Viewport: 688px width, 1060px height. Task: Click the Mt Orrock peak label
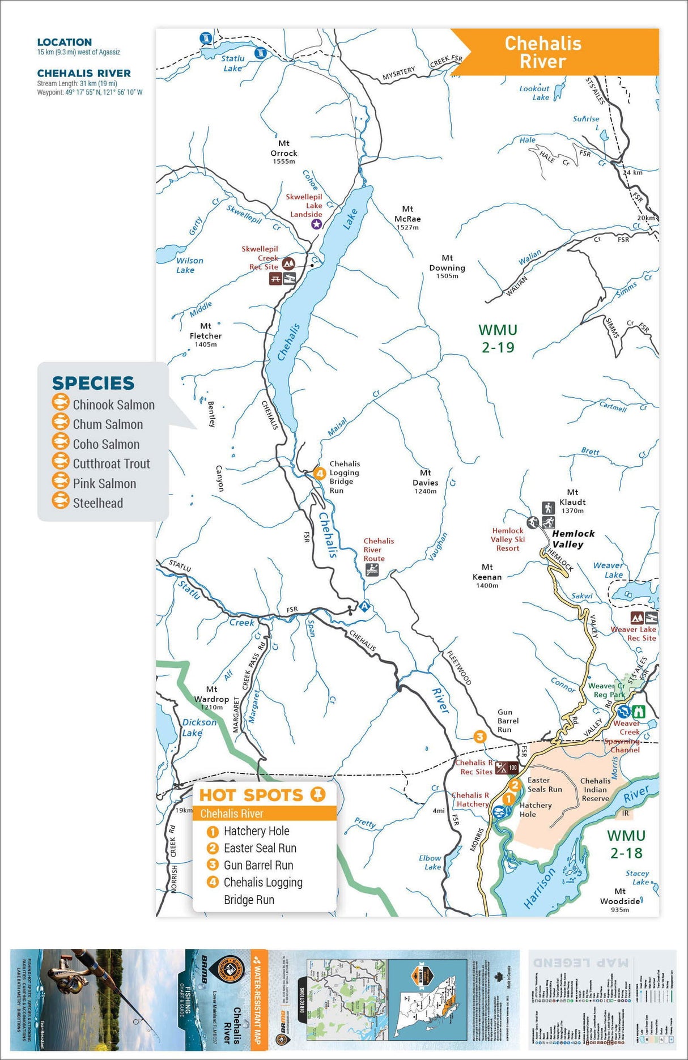(x=283, y=152)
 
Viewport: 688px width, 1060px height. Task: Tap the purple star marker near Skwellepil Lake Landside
(x=316, y=224)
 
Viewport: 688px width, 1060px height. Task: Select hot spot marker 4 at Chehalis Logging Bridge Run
(x=320, y=473)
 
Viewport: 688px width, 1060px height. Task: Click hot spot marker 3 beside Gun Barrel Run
(x=480, y=737)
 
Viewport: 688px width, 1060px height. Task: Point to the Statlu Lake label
(x=232, y=63)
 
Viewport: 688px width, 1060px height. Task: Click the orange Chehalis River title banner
(x=543, y=52)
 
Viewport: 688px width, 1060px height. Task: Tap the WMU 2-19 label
(x=498, y=338)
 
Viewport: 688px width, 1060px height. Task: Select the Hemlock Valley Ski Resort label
(x=507, y=539)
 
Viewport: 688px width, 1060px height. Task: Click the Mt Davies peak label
(x=425, y=481)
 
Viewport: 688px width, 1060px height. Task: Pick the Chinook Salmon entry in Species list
(x=113, y=405)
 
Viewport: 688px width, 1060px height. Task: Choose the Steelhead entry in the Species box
(x=97, y=503)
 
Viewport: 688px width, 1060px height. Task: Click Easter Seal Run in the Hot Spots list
(x=260, y=848)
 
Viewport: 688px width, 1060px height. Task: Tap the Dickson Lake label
(x=198, y=727)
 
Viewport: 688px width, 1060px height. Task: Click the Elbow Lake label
(x=431, y=862)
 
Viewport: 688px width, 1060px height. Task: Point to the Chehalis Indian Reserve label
(x=595, y=789)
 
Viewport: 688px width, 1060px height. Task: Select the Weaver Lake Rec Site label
(x=634, y=633)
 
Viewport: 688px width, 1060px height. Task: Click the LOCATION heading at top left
(x=64, y=42)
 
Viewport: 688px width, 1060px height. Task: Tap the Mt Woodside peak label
(x=620, y=900)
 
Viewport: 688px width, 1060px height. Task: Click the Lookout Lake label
(x=534, y=92)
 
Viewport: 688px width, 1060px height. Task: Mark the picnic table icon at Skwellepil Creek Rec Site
(x=275, y=279)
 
